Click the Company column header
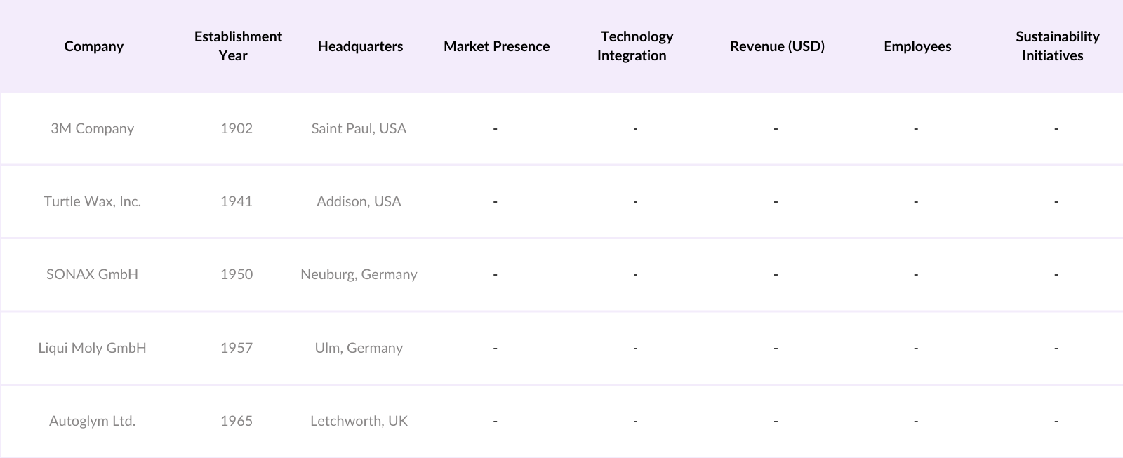[x=93, y=46]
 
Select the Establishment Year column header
[x=238, y=46]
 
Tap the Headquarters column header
[x=360, y=46]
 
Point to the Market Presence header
[x=496, y=46]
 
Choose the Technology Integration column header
[x=635, y=46]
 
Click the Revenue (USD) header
[x=777, y=46]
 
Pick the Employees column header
[x=917, y=46]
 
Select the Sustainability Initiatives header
[x=1057, y=46]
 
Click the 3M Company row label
[x=92, y=128]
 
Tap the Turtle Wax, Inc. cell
[x=92, y=201]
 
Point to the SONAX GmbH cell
[x=92, y=274]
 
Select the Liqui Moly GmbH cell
[x=92, y=348]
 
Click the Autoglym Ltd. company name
[x=92, y=421]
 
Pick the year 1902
[x=237, y=128]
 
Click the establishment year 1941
[x=237, y=201]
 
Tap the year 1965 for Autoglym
[x=237, y=421]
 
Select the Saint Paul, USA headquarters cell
[x=359, y=128]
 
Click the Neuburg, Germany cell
[x=359, y=274]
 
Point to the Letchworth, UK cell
[x=359, y=421]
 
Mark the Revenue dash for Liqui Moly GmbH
[x=776, y=348]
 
